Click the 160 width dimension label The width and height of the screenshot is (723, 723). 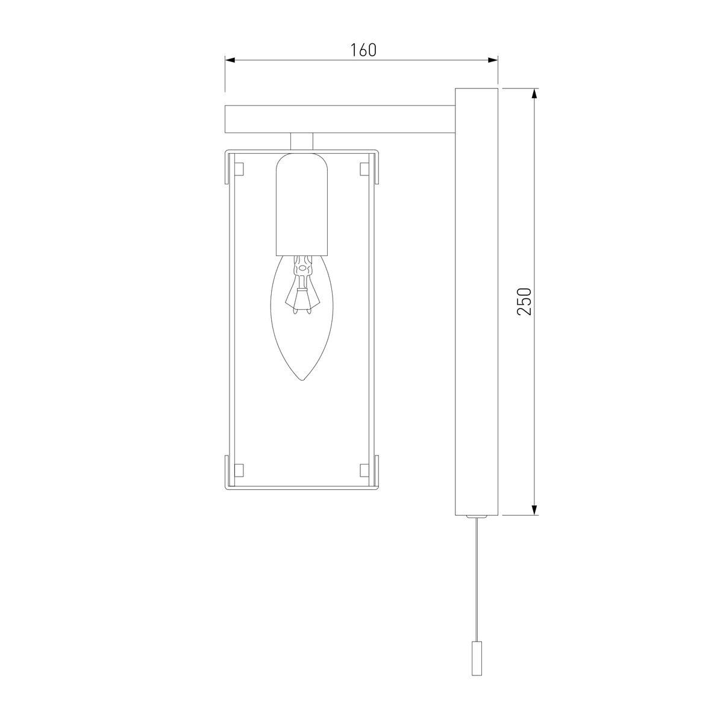click(363, 50)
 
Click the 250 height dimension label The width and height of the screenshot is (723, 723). click(524, 301)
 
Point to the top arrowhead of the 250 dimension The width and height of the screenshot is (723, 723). click(535, 94)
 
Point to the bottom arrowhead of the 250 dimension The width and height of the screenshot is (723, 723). click(535, 510)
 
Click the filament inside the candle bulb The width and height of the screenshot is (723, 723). click(302, 284)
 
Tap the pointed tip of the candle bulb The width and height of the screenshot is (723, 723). click(302, 381)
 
